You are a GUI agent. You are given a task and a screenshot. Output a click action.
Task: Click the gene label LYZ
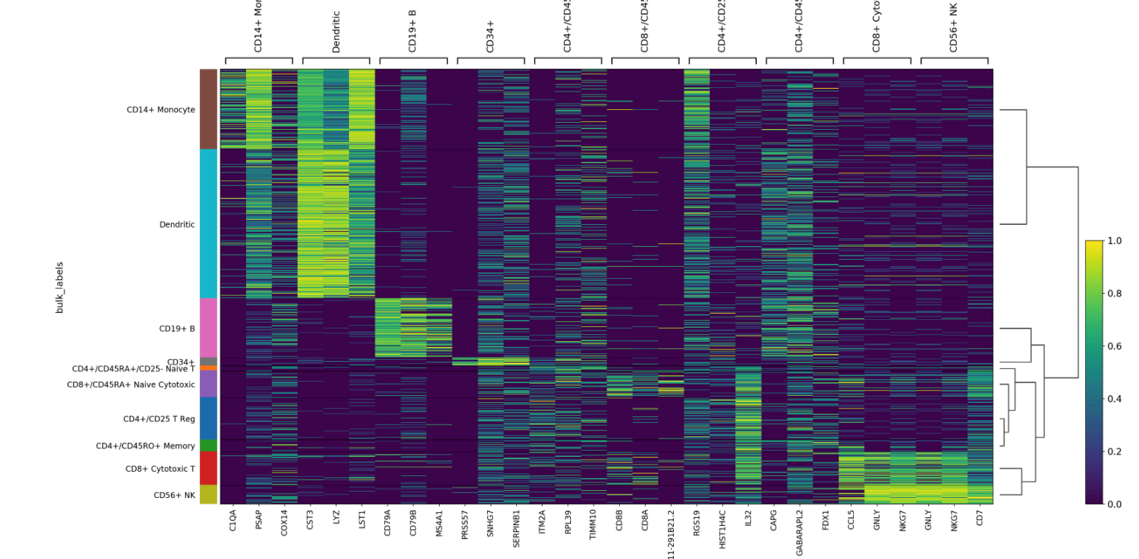(x=336, y=517)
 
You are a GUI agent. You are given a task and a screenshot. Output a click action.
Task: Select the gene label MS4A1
(x=439, y=523)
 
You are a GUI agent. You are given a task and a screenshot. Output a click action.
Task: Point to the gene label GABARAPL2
(x=799, y=532)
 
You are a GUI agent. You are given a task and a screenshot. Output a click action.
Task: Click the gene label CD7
(x=979, y=517)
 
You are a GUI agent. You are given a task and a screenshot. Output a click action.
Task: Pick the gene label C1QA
(x=233, y=520)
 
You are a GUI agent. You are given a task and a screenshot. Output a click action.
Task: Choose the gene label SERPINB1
(x=516, y=528)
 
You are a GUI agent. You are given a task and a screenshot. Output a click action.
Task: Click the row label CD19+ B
(x=177, y=328)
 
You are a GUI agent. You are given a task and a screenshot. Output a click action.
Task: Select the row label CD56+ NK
(x=174, y=495)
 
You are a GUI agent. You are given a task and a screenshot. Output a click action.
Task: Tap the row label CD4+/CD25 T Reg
(x=159, y=419)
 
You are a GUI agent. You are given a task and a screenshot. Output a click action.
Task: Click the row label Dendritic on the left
(x=177, y=224)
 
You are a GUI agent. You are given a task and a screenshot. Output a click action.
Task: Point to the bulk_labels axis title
(x=60, y=287)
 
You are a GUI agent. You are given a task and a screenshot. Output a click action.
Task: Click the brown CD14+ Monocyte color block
(x=208, y=109)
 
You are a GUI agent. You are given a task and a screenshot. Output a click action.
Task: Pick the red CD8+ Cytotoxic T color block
(x=208, y=467)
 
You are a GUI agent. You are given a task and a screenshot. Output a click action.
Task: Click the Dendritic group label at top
(x=336, y=32)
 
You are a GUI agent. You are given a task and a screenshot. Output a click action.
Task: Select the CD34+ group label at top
(x=490, y=36)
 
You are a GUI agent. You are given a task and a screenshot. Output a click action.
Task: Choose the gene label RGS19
(x=696, y=523)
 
